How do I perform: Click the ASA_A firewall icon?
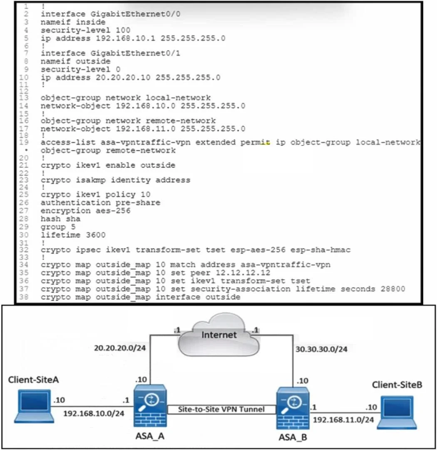click(x=150, y=406)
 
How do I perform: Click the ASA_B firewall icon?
click(x=293, y=408)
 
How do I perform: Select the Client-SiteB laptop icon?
click(x=397, y=412)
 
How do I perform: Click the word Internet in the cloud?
click(x=219, y=335)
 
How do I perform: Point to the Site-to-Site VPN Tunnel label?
click(x=221, y=409)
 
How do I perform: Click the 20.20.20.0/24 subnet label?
click(x=120, y=348)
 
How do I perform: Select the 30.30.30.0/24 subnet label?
click(x=321, y=349)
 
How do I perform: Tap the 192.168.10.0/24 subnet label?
click(x=94, y=414)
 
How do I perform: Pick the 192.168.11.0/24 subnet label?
click(x=343, y=420)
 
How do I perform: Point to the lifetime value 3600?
click(x=96, y=235)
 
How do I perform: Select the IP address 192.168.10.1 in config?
click(x=125, y=38)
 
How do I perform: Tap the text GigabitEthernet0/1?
click(x=135, y=53)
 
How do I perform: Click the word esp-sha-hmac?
click(x=320, y=250)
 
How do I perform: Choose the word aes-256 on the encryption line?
click(x=113, y=211)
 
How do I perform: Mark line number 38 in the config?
click(x=24, y=297)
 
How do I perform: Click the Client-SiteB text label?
click(x=397, y=385)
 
